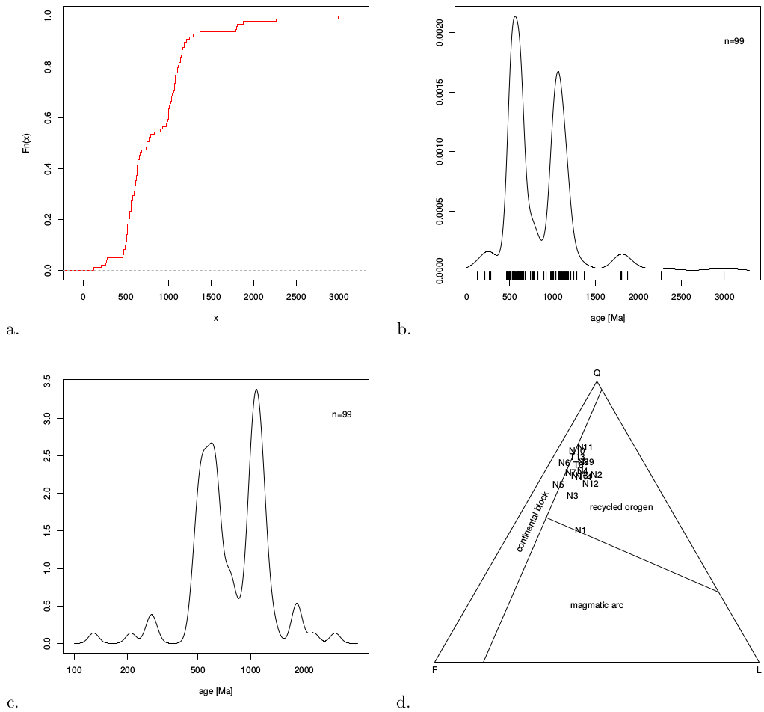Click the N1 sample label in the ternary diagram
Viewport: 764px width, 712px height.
tap(580, 530)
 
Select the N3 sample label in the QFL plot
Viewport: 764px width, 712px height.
tap(573, 496)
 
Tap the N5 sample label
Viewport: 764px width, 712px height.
tap(558, 485)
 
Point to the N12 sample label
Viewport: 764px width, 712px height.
tap(591, 484)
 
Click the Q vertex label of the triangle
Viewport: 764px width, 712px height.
tap(597, 372)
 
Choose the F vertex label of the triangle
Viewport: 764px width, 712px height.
tap(434, 669)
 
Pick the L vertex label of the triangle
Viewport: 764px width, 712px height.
tap(759, 669)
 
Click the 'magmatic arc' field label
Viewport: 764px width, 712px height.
tap(597, 605)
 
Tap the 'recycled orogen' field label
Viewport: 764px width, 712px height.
tap(621, 507)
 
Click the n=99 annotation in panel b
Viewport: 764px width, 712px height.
tap(734, 41)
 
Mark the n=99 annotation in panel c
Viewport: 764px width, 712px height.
tap(342, 414)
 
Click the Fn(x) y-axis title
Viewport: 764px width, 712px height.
tap(27, 143)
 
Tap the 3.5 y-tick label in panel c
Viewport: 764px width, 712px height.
tap(47, 381)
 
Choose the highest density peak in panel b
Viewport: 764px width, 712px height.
tap(515, 16)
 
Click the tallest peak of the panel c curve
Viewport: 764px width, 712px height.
tap(256, 390)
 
